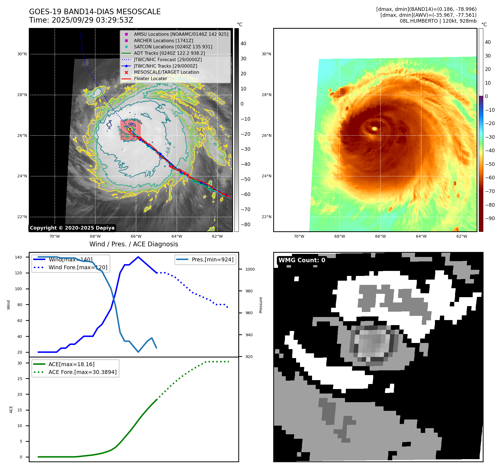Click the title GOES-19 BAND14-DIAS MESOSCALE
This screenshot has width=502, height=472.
click(x=95, y=12)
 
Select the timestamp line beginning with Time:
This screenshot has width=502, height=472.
click(x=81, y=20)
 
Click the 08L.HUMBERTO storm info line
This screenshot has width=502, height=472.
click(x=438, y=21)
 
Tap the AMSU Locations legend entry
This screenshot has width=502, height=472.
click(x=181, y=34)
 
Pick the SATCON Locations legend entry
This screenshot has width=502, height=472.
click(x=173, y=47)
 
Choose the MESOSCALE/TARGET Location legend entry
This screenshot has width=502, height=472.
click(x=166, y=72)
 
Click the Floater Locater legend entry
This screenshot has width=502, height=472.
click(x=150, y=78)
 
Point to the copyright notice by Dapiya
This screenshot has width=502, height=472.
click(x=72, y=228)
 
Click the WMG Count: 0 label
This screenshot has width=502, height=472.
click(x=302, y=260)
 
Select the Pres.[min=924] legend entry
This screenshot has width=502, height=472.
click(x=212, y=259)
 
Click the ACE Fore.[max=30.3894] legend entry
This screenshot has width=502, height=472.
click(x=82, y=372)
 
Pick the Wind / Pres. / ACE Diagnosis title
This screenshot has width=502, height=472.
click(x=134, y=244)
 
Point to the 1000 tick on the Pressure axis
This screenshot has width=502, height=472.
click(x=250, y=269)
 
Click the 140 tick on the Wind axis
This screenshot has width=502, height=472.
click(x=18, y=257)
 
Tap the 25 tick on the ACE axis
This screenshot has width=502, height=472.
click(x=20, y=379)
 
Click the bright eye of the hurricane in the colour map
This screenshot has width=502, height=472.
click(x=375, y=128)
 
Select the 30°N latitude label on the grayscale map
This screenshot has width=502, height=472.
click(x=22, y=54)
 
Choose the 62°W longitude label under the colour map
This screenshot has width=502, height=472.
click(x=461, y=236)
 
